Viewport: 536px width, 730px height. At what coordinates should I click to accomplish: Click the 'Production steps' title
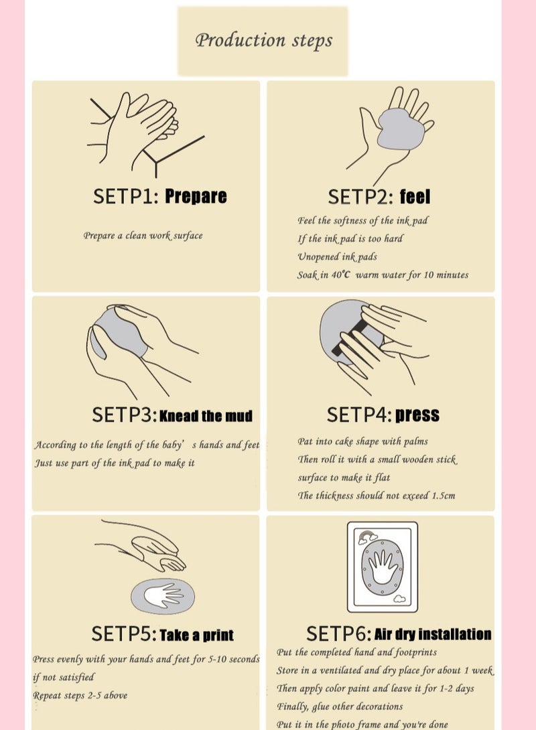pyautogui.click(x=263, y=40)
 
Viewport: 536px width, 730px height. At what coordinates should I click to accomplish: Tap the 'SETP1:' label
pyautogui.click(x=125, y=196)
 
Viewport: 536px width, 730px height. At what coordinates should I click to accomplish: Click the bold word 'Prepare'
pyautogui.click(x=196, y=196)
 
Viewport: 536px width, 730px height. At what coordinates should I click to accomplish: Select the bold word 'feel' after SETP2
pyautogui.click(x=415, y=197)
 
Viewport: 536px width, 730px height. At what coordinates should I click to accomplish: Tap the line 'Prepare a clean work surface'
pyautogui.click(x=143, y=236)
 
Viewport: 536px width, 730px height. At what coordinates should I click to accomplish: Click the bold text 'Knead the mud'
pyautogui.click(x=206, y=416)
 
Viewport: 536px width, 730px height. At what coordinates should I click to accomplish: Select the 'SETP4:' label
pyautogui.click(x=358, y=415)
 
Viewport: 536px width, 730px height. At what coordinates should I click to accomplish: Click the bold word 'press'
pyautogui.click(x=417, y=415)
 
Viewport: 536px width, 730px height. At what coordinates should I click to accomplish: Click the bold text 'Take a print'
pyautogui.click(x=197, y=635)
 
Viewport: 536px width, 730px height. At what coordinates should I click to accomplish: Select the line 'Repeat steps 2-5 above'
pyautogui.click(x=80, y=695)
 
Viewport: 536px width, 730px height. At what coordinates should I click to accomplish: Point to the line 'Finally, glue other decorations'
pyautogui.click(x=340, y=707)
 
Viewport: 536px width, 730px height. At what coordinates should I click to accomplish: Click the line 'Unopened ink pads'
pyautogui.click(x=338, y=257)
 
